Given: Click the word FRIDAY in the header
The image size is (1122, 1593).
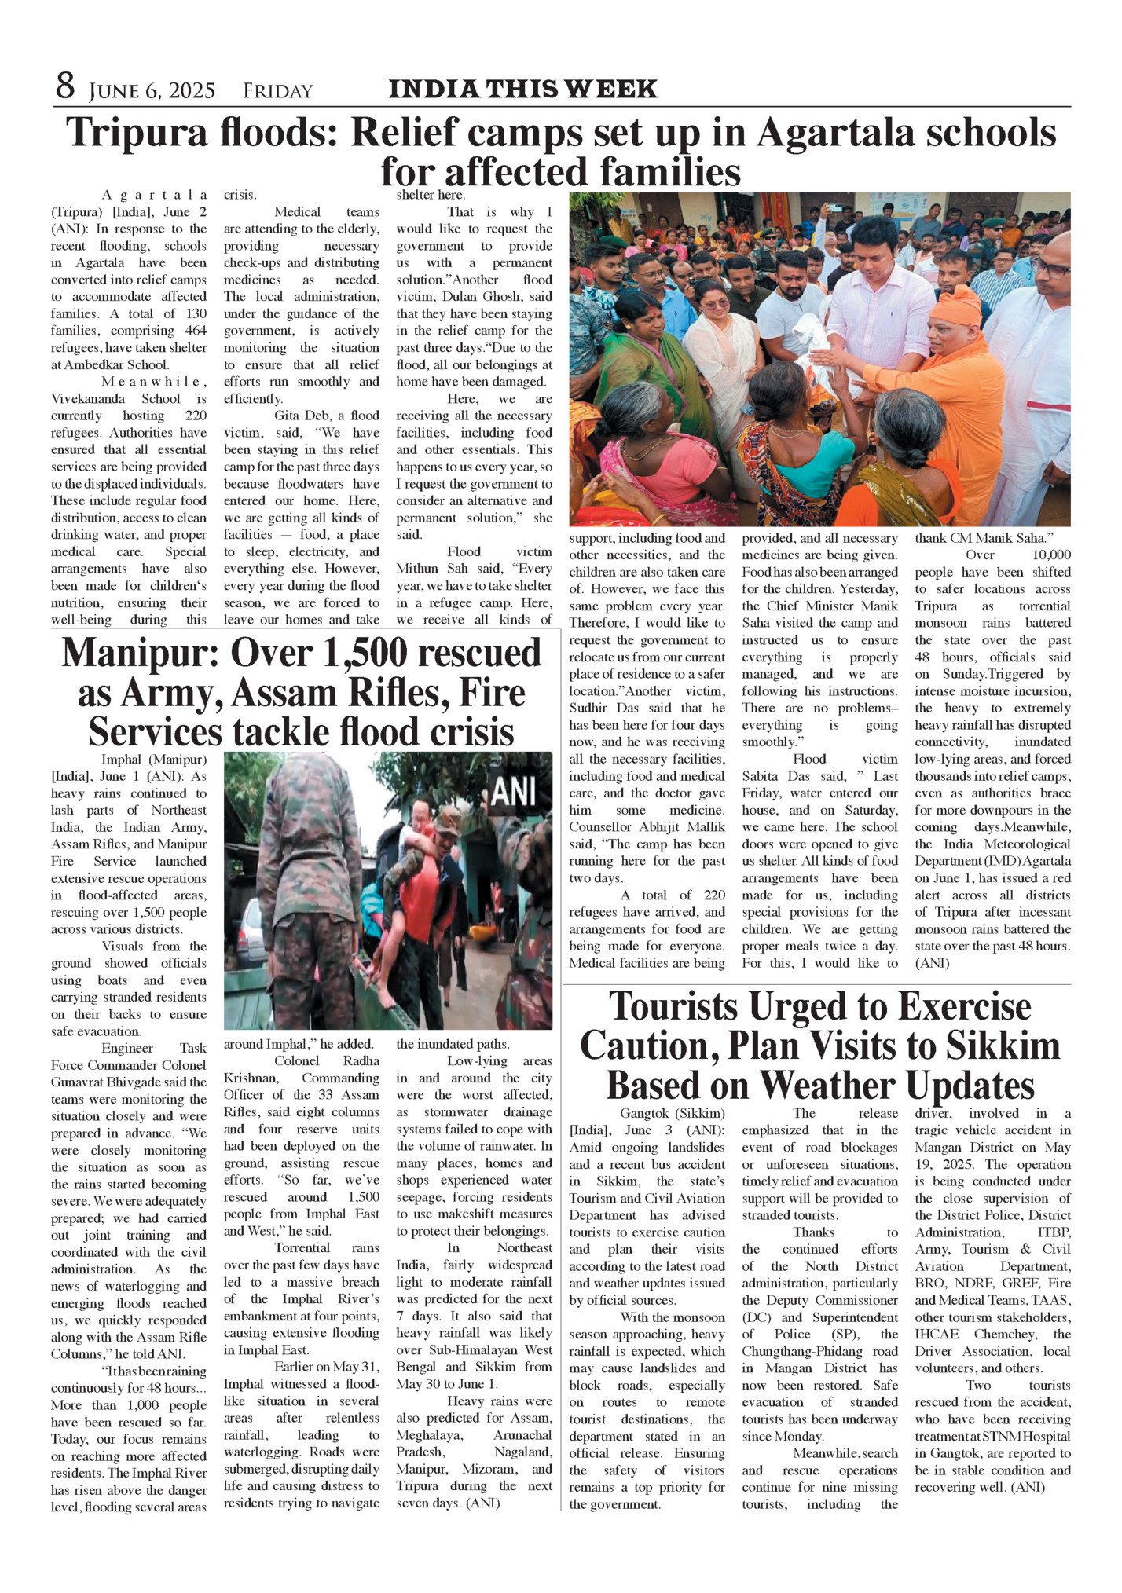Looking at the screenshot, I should coord(278,92).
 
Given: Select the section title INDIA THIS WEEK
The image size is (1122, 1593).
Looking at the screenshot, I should coord(522,89).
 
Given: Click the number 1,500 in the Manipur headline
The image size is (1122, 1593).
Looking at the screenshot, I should coord(404,654).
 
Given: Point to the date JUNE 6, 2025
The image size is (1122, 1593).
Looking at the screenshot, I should coord(152,92).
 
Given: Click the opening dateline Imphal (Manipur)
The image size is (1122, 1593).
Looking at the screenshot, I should coord(154,760).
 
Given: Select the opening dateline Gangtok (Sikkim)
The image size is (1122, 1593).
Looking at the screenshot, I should coord(673,1113).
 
